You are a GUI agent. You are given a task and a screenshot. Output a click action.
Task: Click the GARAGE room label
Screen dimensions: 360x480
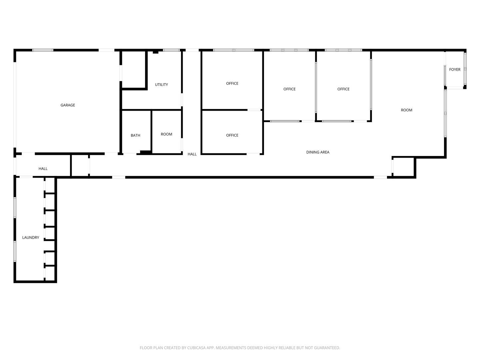point(68,105)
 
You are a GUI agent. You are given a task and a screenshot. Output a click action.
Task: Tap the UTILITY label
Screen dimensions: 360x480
point(161,85)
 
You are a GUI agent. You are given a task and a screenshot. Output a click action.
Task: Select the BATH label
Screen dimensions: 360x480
point(135,135)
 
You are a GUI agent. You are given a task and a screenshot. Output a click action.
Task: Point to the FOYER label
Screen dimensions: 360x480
point(455,70)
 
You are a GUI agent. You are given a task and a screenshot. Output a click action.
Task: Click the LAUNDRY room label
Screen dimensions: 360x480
point(31,238)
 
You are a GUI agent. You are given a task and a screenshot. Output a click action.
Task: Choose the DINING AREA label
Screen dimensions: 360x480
point(318,152)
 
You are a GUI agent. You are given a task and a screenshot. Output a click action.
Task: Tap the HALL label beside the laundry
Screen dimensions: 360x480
point(43,169)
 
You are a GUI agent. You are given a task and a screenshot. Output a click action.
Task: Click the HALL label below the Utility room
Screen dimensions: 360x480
point(192,154)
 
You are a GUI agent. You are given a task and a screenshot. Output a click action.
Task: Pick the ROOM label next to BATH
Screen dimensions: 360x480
point(166,134)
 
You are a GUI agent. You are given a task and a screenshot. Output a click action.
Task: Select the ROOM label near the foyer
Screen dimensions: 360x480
point(406,110)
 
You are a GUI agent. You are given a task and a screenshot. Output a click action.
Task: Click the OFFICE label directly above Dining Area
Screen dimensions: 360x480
point(289,89)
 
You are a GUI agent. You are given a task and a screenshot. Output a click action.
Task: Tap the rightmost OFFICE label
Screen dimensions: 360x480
point(343,89)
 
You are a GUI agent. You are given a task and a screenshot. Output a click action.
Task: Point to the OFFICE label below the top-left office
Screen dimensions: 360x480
point(232,135)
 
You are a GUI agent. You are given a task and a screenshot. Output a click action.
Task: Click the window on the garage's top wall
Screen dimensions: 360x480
point(43,50)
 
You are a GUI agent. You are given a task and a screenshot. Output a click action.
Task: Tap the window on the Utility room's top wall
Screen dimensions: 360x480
point(171,50)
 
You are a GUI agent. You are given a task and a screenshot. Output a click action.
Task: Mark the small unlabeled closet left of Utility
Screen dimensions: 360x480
point(133,69)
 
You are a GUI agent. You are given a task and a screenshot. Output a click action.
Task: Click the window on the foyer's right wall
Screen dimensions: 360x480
point(465,69)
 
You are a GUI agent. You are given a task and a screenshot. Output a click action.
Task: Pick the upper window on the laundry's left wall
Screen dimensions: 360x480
point(15,208)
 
